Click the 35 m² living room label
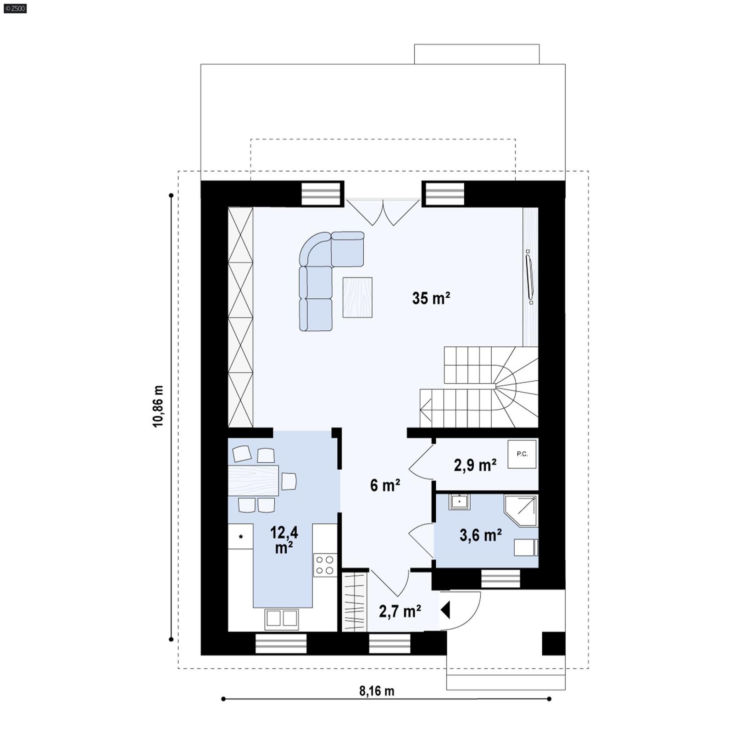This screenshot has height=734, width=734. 431,298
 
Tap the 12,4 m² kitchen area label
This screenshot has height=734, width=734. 284,539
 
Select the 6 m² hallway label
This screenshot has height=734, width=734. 385,485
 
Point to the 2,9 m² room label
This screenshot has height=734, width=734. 475,465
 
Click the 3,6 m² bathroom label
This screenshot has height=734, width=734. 480,535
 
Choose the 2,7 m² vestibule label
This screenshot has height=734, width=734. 400,611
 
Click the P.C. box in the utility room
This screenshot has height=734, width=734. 522,454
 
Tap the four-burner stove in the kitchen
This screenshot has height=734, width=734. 325,565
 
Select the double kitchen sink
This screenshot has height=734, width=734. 282,618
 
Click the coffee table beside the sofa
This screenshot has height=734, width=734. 357,297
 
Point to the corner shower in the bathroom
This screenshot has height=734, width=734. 522,510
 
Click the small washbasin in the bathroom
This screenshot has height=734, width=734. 459,501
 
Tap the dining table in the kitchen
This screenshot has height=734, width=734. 253,480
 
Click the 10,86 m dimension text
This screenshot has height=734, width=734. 158,406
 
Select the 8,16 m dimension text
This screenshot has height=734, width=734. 376,690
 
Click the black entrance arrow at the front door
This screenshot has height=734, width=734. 445,611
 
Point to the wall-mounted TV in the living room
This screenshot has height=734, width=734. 529,277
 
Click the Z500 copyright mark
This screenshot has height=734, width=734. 15,8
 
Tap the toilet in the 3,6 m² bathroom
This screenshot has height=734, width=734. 526,547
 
